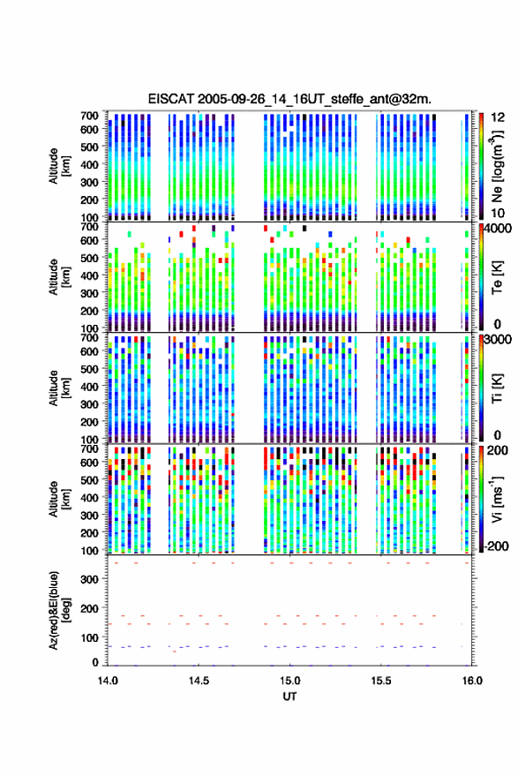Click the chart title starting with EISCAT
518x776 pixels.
289,99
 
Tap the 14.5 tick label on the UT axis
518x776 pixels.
199,681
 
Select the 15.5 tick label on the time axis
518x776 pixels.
380,681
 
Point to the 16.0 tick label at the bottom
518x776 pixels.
472,681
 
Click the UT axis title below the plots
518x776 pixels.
289,697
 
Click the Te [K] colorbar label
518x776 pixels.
497,277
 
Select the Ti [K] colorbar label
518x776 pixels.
497,388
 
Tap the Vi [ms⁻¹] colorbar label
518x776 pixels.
497,499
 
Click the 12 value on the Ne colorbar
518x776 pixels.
499,117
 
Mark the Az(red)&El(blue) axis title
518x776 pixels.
59,610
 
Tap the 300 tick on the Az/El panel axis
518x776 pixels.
89,579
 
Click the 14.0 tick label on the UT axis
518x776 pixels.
108,681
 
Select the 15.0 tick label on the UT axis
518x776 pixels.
289,681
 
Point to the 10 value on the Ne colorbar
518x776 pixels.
499,214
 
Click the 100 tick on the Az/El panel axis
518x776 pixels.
89,637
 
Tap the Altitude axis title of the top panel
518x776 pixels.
59,166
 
